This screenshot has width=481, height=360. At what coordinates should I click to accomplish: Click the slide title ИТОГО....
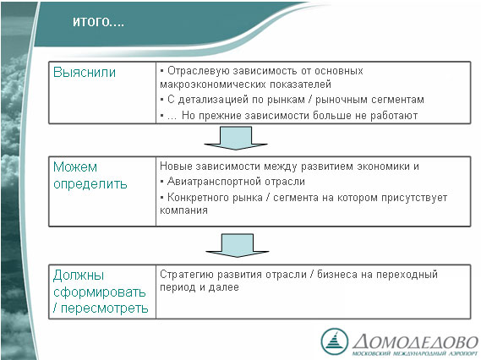(x=98, y=22)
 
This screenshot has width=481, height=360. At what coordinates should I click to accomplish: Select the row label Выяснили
(x=85, y=73)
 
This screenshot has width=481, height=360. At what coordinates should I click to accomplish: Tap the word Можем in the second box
(x=75, y=167)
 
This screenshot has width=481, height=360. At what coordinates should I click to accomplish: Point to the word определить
(x=90, y=184)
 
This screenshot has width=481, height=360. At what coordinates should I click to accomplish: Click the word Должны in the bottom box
(x=79, y=275)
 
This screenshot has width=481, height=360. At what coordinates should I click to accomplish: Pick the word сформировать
(x=100, y=292)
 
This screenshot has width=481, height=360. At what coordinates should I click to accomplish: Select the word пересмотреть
(x=105, y=308)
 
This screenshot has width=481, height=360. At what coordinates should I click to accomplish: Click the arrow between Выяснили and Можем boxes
(x=236, y=138)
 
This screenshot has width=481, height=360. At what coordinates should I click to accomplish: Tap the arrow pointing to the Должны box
(x=238, y=245)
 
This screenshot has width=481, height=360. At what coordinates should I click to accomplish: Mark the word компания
(x=183, y=210)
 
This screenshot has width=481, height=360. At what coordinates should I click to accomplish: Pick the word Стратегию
(x=187, y=274)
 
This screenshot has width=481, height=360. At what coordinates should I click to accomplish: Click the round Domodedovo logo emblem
(x=335, y=342)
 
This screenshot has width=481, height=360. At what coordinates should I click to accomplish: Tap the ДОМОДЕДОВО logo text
(x=415, y=342)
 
